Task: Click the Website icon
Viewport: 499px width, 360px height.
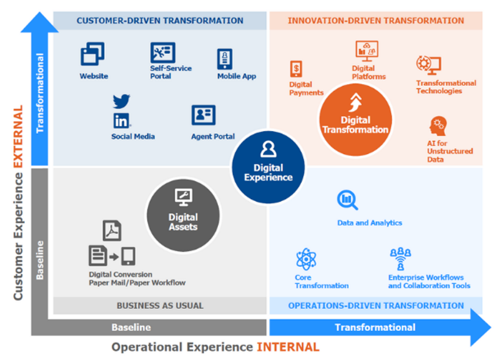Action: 92,54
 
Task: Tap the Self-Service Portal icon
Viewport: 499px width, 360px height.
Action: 162,52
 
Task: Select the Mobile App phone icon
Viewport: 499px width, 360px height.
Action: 225,59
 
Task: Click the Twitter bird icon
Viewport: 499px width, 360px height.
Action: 122,101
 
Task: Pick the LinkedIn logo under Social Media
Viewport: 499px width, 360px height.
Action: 121,121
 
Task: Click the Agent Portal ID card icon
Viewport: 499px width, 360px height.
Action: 203,115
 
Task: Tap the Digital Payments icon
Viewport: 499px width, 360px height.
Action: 296,69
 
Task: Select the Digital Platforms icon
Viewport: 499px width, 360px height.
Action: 367,51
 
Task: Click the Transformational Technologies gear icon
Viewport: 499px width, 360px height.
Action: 428,65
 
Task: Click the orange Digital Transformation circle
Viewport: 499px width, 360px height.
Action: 355,120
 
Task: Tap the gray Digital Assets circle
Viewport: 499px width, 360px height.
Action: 183,214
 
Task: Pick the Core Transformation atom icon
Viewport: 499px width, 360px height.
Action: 305,259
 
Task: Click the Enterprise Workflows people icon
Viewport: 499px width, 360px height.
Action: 400,258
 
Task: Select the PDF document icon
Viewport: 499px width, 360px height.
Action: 111,231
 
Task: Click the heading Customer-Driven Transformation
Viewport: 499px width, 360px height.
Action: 160,21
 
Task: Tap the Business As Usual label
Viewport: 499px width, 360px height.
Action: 160,305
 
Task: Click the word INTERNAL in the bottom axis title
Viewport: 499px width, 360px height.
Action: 287,347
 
